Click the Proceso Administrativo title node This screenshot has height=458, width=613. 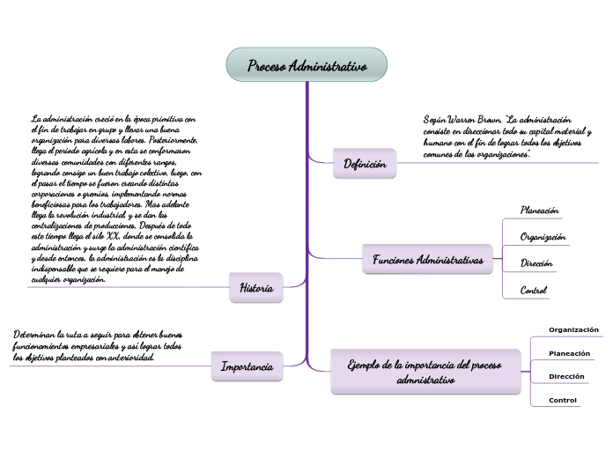click(306, 66)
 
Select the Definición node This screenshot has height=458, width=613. click(365, 164)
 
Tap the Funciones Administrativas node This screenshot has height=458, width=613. click(428, 261)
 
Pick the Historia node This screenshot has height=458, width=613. click(256, 287)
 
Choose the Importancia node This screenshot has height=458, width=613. click(247, 366)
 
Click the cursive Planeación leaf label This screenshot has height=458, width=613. click(539, 211)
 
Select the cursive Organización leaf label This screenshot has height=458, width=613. click(543, 237)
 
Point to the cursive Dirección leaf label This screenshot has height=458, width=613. click(536, 263)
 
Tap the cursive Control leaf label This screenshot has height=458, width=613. click(534, 290)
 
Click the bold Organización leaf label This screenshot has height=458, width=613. click(573, 329)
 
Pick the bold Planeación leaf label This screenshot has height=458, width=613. click(569, 353)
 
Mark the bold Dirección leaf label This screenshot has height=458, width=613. click(566, 376)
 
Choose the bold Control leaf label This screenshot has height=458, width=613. click(563, 400)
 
